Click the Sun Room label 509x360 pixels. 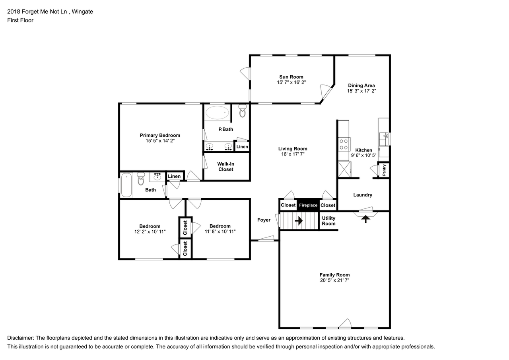tap(291, 77)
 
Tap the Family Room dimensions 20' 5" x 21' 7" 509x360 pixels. tap(334, 280)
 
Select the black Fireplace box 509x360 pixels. tap(308, 205)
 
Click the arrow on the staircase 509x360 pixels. tap(299, 221)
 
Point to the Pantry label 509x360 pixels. tap(384, 170)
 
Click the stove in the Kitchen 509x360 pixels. tap(344, 144)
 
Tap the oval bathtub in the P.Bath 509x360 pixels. tap(217, 113)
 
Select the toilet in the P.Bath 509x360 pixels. tap(243, 111)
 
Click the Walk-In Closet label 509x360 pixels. tap(225, 167)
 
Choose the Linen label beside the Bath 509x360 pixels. tap(174, 176)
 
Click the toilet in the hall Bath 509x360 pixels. tap(141, 179)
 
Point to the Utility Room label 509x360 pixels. tap(328, 221)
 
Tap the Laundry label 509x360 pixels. tap(363, 195)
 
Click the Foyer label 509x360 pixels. tap(264, 220)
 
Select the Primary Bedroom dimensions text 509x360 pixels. tap(160, 141)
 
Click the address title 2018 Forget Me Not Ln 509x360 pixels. tap(37, 12)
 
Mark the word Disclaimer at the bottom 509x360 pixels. tap(20, 338)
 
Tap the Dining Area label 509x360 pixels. tap(361, 86)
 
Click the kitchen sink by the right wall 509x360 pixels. tap(384, 139)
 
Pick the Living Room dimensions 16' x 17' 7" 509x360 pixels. tap(293, 154)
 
